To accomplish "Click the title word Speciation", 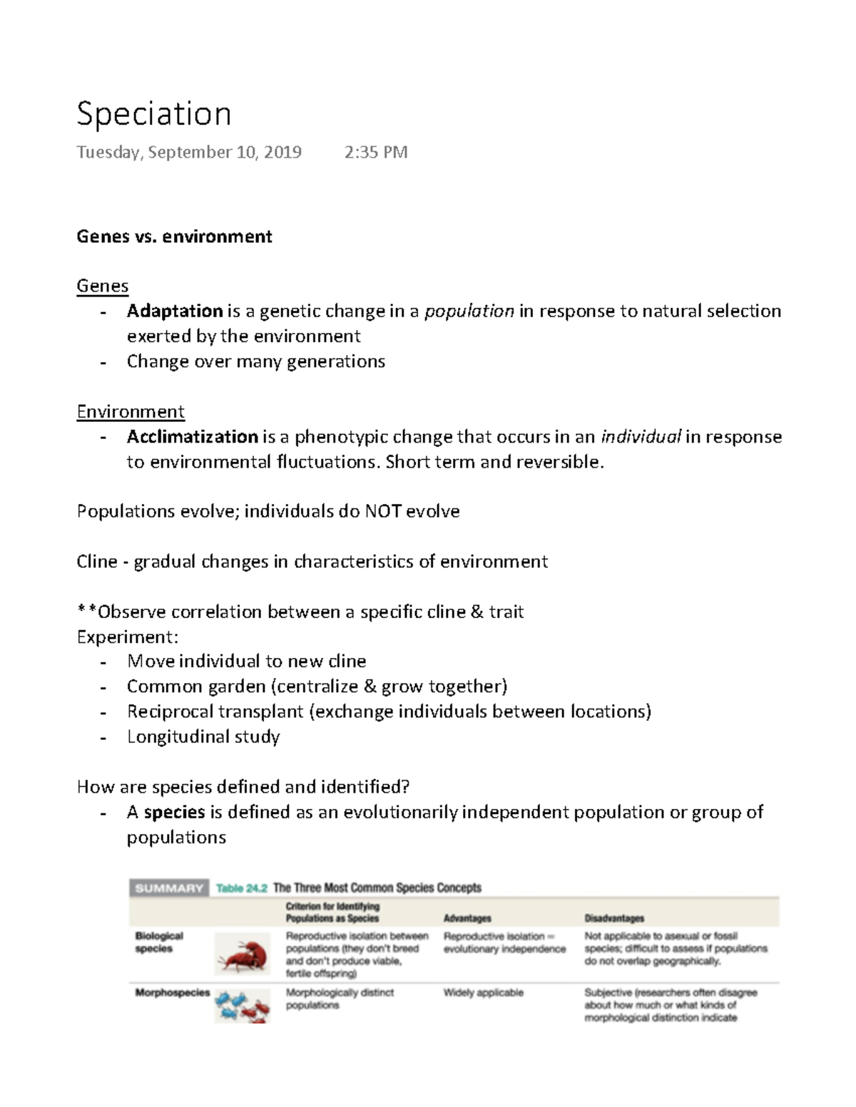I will [153, 114].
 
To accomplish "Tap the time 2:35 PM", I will [375, 153].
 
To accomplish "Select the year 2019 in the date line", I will [282, 153].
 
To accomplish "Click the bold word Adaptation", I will [175, 311].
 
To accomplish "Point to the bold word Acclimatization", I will [192, 437].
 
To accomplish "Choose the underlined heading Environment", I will [131, 412].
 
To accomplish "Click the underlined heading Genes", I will [102, 287].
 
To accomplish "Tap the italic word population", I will [469, 311].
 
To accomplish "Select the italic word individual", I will [641, 437].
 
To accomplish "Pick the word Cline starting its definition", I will [96, 562].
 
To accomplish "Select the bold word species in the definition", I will [174, 812].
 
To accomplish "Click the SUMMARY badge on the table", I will [169, 888].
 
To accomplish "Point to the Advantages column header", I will [467, 918].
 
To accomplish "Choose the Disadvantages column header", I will [614, 918].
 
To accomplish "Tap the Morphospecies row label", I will [173, 993].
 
